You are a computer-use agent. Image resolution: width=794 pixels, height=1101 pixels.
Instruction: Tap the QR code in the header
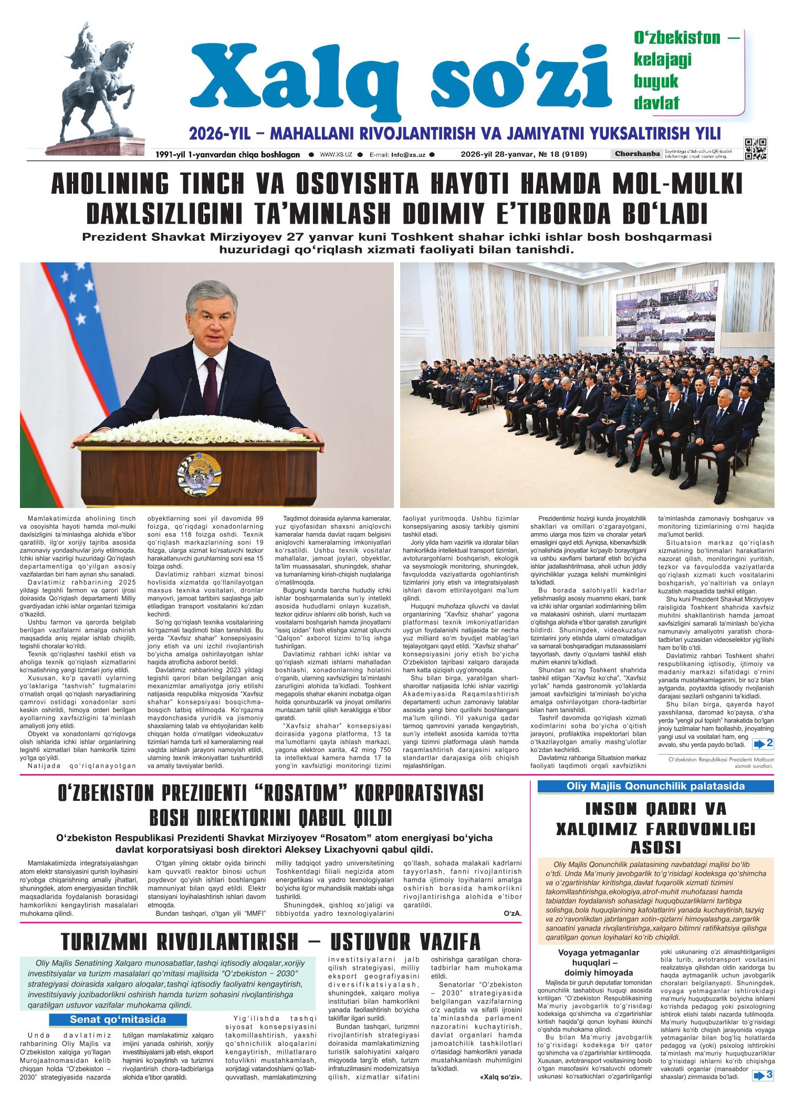(x=755, y=149)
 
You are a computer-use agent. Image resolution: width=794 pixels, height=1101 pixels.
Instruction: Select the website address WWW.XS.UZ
(x=336, y=155)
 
